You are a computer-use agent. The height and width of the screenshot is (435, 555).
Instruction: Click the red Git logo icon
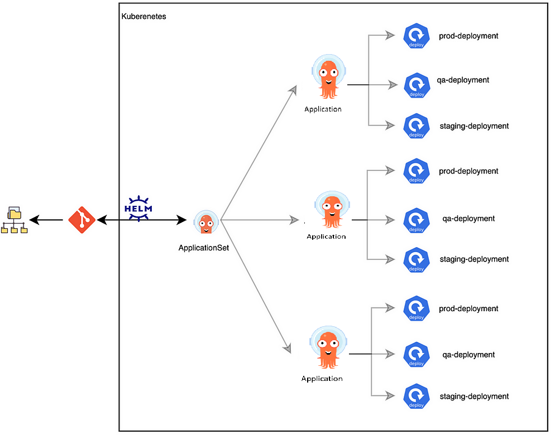82,220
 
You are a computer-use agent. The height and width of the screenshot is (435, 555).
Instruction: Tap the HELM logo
138,208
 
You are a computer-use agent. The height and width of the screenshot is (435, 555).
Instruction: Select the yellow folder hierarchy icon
14,220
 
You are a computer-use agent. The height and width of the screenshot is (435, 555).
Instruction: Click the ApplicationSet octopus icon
206,222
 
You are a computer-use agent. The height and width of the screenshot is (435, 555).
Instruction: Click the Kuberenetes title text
143,17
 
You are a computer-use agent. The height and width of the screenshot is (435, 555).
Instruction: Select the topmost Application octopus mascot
328,80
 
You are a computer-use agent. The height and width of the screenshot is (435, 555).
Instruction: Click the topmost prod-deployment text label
468,36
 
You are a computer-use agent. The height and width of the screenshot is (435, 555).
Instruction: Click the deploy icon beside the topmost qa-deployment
416,85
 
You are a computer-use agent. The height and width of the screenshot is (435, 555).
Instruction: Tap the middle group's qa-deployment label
468,219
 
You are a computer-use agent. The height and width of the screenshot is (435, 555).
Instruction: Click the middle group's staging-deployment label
474,259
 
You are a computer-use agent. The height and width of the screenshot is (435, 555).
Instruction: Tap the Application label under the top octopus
323,109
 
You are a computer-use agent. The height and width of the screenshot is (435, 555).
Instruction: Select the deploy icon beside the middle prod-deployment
416,172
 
